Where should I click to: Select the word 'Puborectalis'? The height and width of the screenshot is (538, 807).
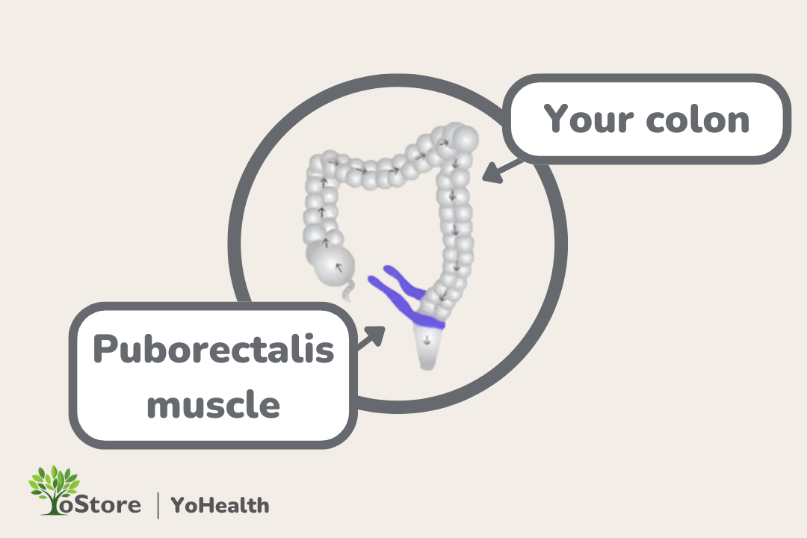tap(213, 350)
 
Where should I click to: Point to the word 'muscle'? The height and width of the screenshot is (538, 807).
tap(213, 404)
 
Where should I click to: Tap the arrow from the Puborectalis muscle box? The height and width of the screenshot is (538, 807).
tap(371, 338)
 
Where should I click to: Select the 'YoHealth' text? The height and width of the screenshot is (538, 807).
tap(220, 505)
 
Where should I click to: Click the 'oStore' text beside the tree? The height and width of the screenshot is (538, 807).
tap(105, 505)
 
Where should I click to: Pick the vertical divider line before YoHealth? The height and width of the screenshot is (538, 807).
tap(158, 505)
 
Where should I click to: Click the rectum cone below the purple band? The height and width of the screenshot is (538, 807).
tap(428, 348)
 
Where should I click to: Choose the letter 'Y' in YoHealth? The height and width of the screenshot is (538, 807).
tap(179, 505)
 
